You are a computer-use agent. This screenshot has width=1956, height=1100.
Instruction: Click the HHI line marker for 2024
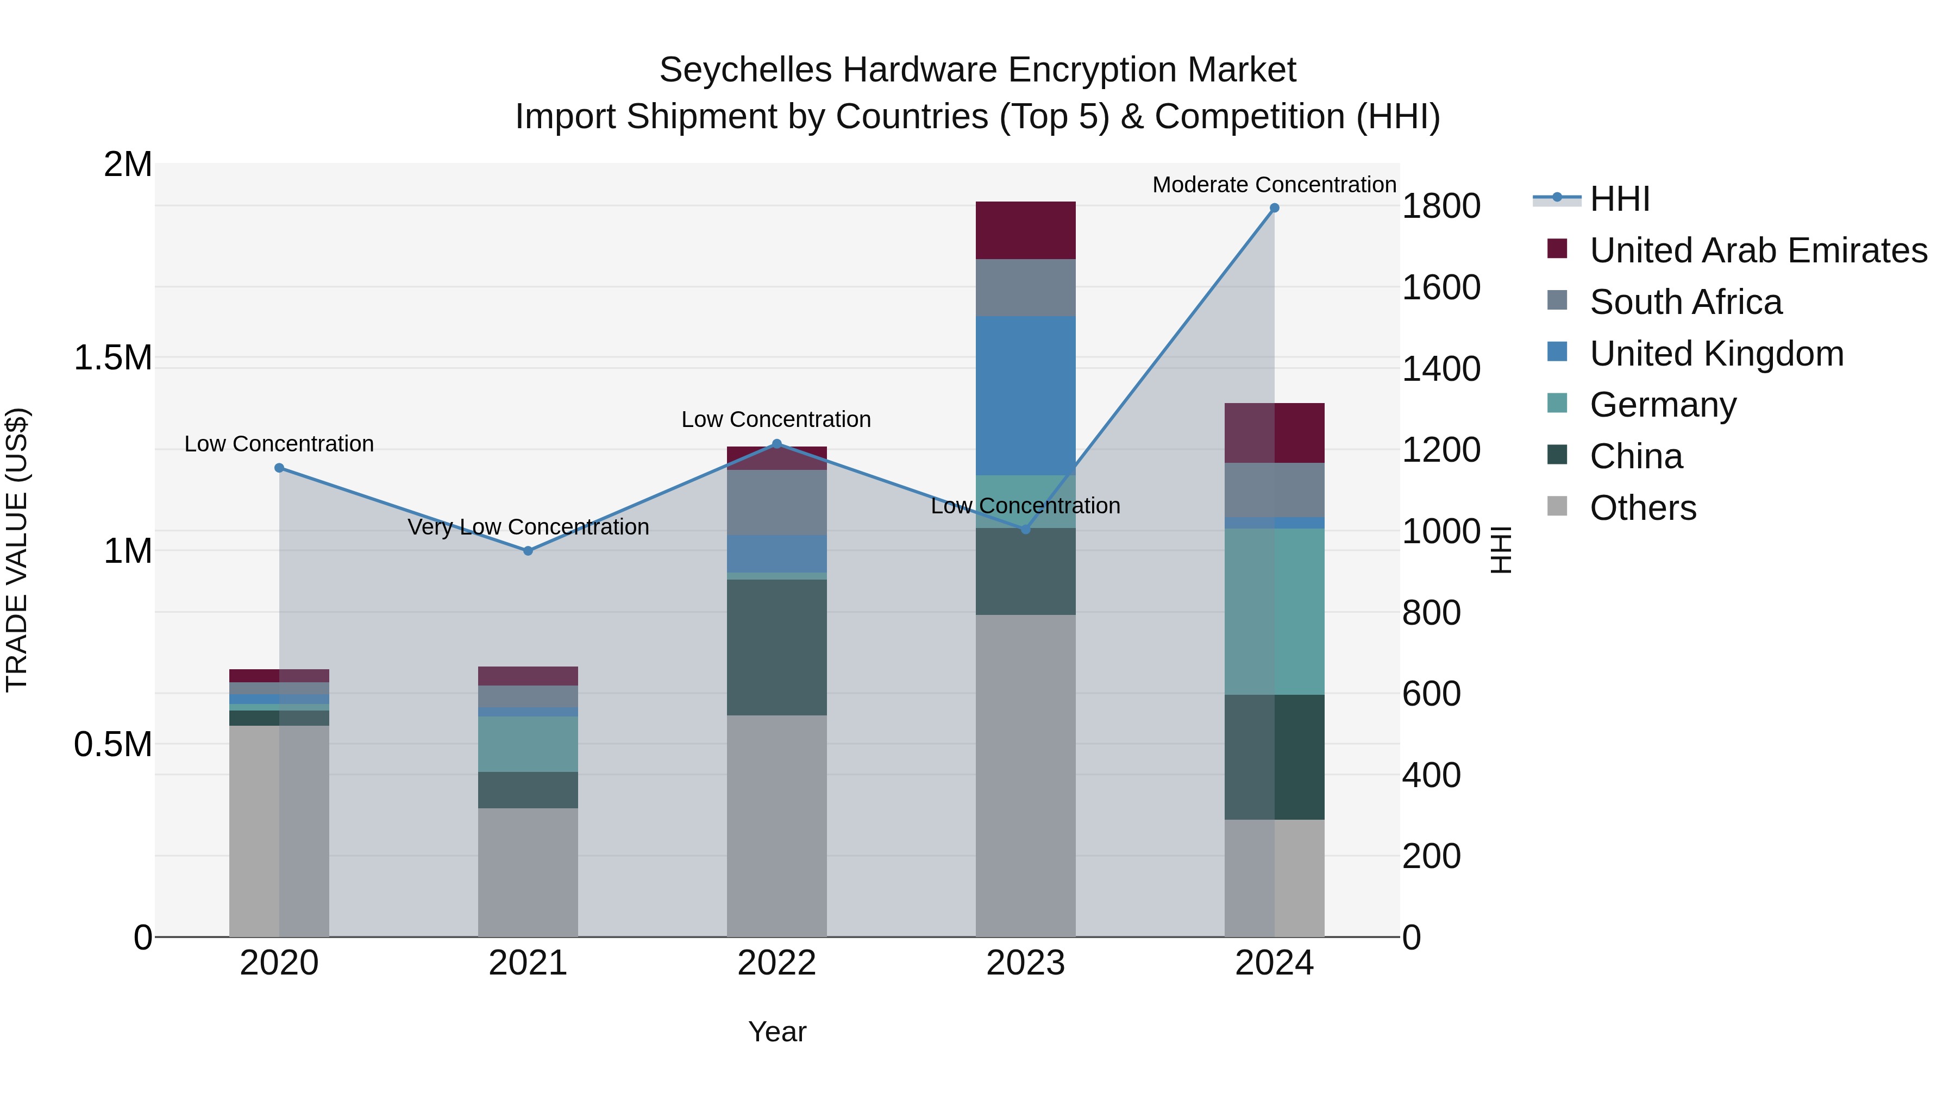pos(1274,208)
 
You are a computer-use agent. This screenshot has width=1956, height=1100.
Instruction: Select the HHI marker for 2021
pos(529,551)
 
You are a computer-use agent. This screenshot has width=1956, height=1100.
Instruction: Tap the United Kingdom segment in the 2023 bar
pos(1025,395)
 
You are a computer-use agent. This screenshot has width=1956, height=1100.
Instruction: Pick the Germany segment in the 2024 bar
pos(1274,611)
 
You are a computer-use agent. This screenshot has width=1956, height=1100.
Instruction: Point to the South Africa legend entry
pos(1685,302)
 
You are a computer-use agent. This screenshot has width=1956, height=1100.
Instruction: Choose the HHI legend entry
pos(1619,199)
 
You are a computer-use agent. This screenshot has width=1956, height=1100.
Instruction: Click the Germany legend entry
pos(1663,405)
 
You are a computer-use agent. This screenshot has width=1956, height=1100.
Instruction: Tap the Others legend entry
pos(1642,508)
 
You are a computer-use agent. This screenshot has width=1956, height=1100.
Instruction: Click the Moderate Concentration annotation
pos(1274,185)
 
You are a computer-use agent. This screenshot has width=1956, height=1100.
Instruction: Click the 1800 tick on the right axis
pos(1440,206)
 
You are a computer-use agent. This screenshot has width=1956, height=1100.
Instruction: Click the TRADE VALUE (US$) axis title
pos(17,550)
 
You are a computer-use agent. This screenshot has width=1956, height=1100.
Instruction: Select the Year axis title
pos(777,1032)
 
